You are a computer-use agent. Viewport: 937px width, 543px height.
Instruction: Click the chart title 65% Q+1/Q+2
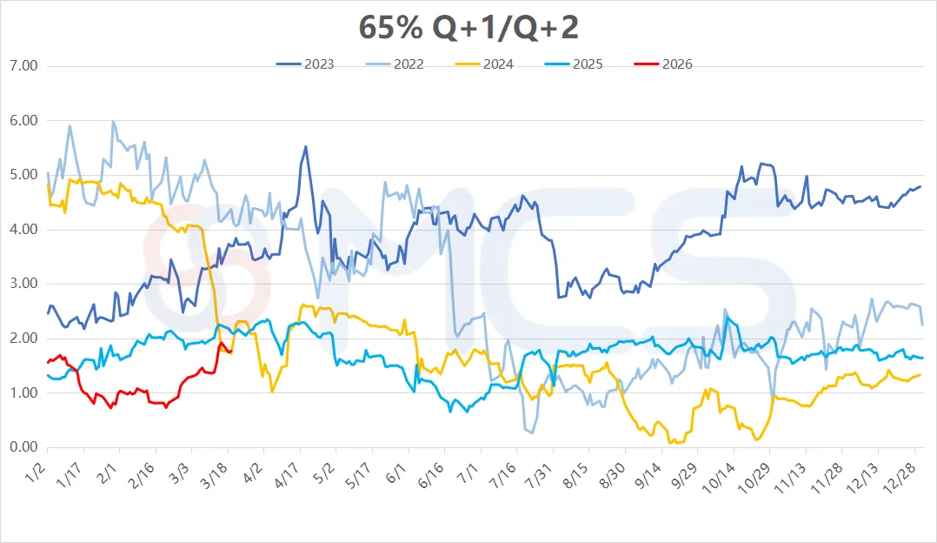(468, 28)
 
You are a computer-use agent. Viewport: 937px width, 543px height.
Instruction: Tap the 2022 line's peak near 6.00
(113, 122)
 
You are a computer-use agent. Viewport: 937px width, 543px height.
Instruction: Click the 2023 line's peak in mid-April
(305, 146)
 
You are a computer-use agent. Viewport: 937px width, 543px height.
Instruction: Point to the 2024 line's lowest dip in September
(670, 443)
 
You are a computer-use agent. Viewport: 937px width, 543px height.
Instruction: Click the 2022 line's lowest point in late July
(531, 432)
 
